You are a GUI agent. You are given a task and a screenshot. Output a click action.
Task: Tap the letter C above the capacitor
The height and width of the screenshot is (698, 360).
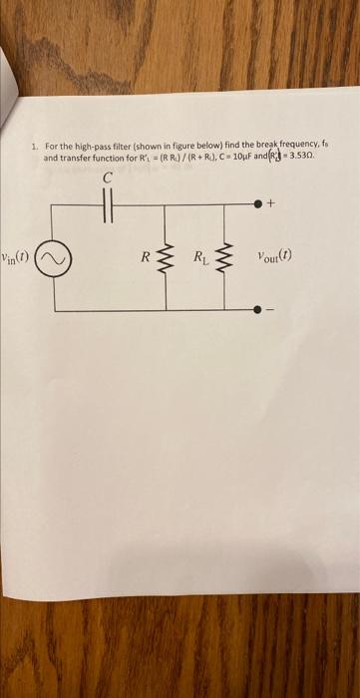109,179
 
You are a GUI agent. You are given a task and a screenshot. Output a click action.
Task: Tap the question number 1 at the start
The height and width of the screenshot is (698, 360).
34,148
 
